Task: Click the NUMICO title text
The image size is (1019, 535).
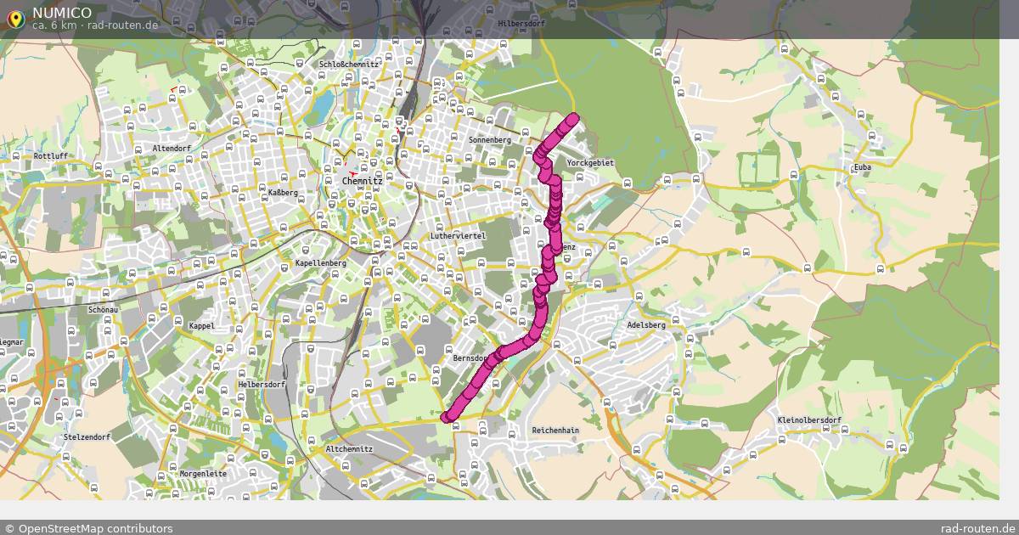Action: point(62,12)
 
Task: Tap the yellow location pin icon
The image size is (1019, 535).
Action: point(15,18)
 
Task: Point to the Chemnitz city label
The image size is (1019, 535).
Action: point(363,181)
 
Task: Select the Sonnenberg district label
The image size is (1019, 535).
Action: point(490,139)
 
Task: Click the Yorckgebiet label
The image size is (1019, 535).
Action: point(590,162)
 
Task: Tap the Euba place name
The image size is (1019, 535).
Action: point(863,167)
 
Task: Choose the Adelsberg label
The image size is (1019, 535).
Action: point(645,325)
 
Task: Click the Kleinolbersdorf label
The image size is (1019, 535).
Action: point(808,420)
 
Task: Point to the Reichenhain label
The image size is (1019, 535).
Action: point(555,431)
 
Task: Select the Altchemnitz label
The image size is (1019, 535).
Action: point(350,449)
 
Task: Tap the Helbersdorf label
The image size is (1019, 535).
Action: point(262,385)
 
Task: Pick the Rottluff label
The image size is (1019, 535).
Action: point(51,156)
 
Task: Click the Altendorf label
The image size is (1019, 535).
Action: point(172,148)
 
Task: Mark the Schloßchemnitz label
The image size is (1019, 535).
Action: point(349,64)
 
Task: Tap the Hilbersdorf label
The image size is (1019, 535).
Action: point(519,24)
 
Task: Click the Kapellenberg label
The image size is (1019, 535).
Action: point(321,263)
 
